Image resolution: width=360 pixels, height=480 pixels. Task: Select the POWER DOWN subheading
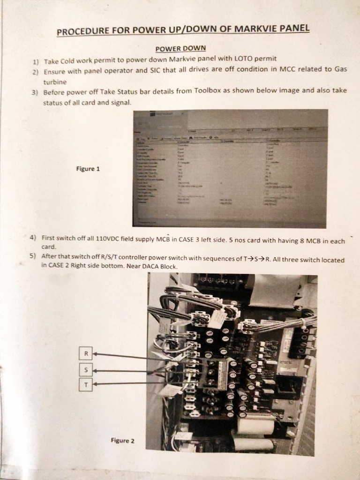point(180,48)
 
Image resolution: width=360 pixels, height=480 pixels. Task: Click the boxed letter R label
point(85,354)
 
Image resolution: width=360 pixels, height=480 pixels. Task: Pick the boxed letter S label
point(85,370)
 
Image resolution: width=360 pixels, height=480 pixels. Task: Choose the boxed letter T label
point(85,385)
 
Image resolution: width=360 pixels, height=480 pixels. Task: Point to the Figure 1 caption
point(88,169)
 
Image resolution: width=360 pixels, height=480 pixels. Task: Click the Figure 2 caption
point(122,440)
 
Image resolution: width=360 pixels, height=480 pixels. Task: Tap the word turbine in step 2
point(55,82)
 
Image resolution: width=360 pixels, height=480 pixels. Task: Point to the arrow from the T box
point(127,384)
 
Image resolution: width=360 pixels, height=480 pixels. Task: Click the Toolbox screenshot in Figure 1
point(230,168)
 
